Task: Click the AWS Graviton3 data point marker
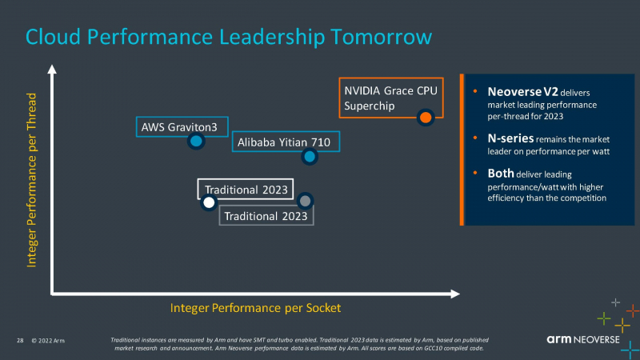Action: click(196, 142)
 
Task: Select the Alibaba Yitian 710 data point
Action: click(310, 156)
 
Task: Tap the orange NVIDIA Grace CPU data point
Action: click(426, 118)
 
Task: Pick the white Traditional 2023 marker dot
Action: click(209, 202)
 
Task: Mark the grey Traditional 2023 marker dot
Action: click(305, 200)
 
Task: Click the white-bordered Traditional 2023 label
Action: click(245, 190)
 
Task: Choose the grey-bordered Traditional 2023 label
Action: click(265, 216)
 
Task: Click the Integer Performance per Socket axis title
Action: click(256, 307)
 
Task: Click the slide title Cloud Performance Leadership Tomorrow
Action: click(229, 37)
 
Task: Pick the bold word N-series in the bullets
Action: click(510, 138)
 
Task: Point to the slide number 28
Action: click(20, 342)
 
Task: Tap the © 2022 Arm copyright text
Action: click(48, 342)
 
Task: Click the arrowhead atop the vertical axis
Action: click(53, 70)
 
